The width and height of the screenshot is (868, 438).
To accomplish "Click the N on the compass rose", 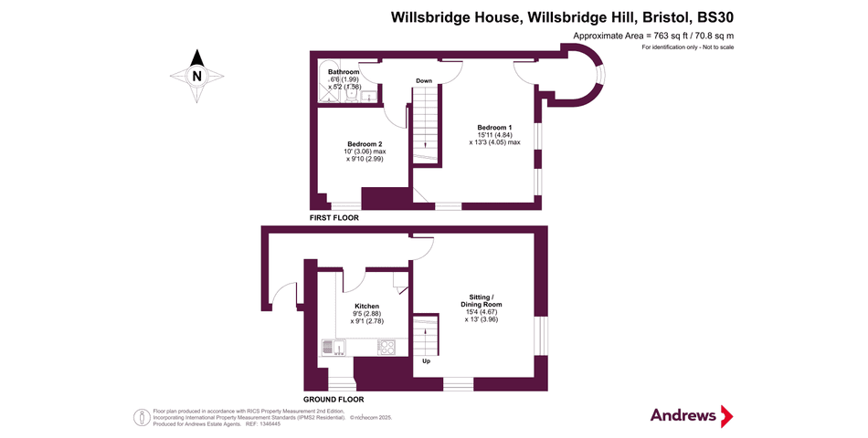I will (x=196, y=77).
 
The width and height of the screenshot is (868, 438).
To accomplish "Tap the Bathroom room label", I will (x=344, y=72).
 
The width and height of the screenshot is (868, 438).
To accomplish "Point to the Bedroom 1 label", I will (x=494, y=127).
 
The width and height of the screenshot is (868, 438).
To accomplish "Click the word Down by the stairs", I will (x=424, y=81).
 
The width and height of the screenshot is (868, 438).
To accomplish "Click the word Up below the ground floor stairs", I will (x=426, y=361).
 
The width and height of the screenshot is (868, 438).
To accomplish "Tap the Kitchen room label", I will (x=367, y=306).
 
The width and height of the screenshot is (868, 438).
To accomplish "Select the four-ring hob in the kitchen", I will (x=386, y=347).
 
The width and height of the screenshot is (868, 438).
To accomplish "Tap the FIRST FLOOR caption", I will (x=333, y=218).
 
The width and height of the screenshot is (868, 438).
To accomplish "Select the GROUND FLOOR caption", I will (x=333, y=399).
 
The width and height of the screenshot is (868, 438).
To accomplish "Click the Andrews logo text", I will (x=683, y=415).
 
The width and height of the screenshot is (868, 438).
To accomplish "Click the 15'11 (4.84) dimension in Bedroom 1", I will (x=494, y=135).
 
